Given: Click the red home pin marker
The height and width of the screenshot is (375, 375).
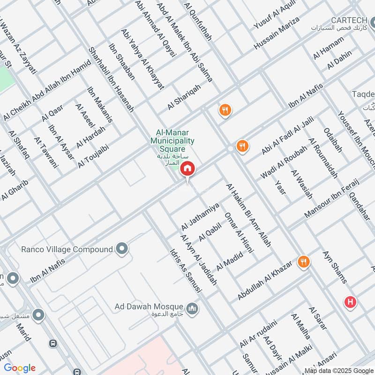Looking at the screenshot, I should (187, 169).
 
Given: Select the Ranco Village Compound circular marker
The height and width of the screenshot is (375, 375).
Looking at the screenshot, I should (123, 249).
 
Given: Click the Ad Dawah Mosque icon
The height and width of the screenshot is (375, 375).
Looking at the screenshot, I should (192, 308).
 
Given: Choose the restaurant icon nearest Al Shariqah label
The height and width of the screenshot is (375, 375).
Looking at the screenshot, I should (225, 110).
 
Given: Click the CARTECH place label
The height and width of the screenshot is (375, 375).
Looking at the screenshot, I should (352, 20).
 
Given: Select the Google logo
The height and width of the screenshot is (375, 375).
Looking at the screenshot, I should (20, 367).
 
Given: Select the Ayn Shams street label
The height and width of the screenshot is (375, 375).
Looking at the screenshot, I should (335, 267).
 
